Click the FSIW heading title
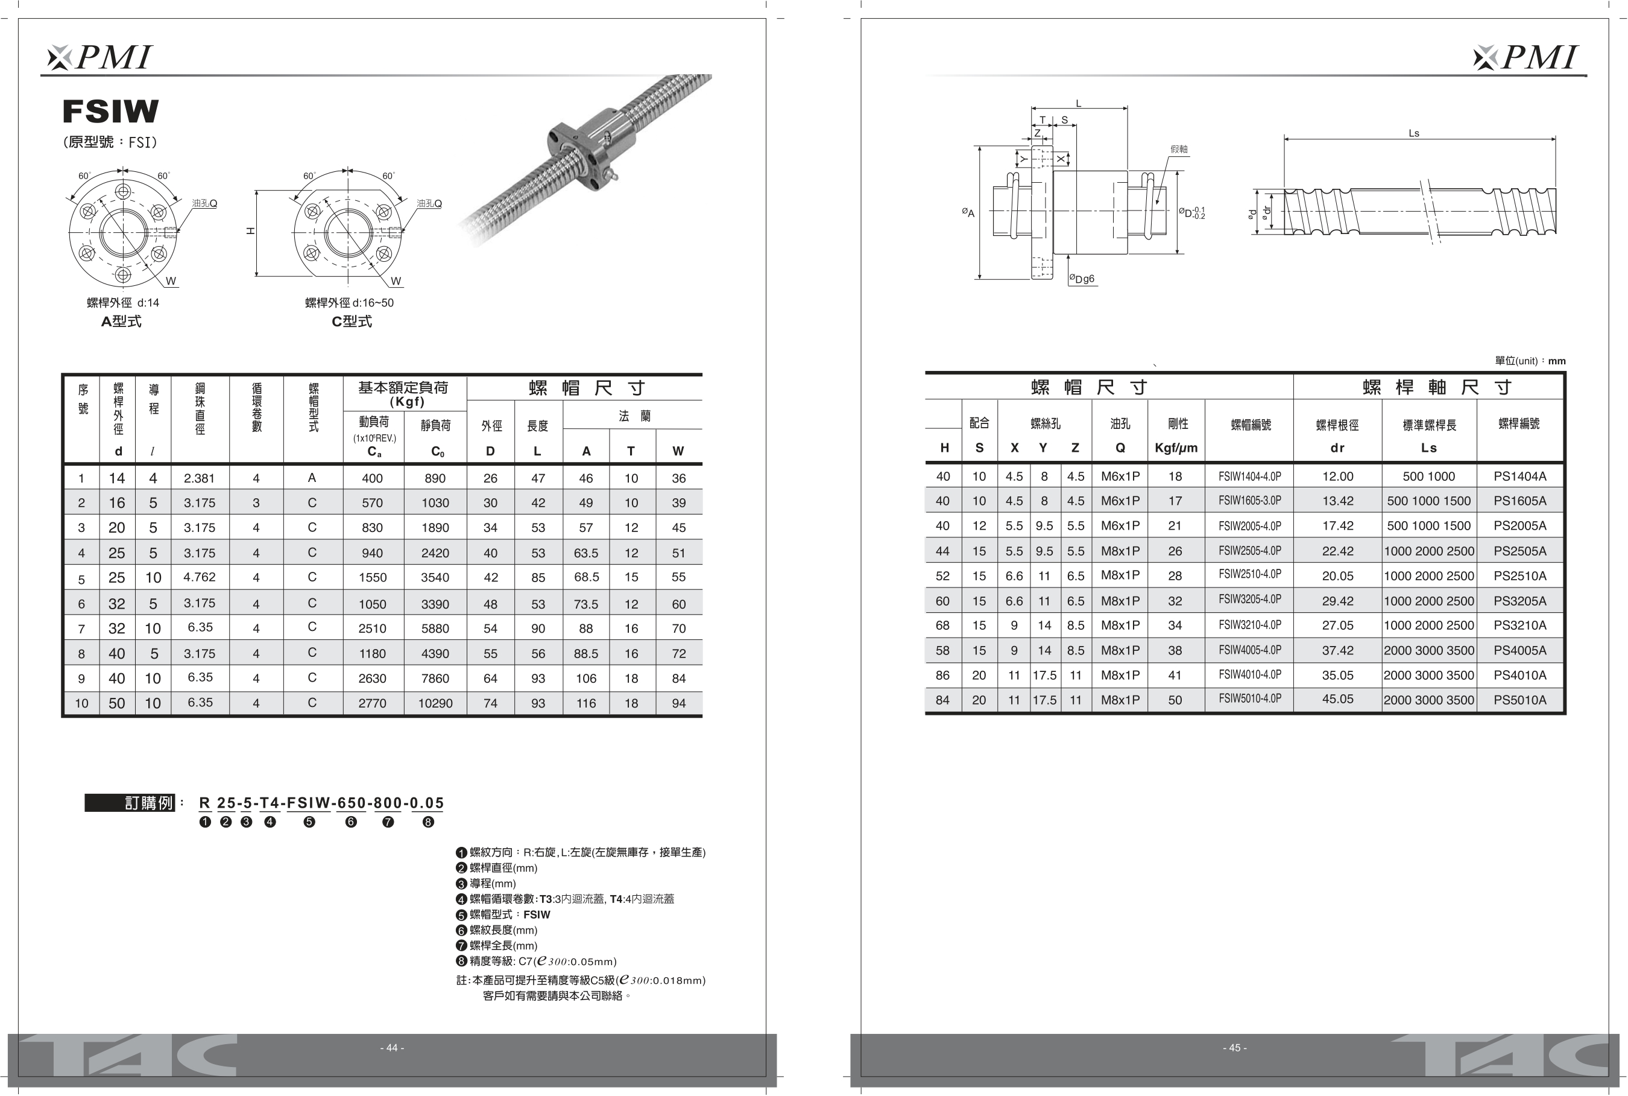tap(110, 111)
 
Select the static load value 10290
tap(435, 703)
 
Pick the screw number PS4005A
tap(1519, 650)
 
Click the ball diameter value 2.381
tap(199, 478)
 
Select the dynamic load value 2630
tap(373, 678)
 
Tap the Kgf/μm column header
tap(1176, 448)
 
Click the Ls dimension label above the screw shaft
tap(1413, 133)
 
